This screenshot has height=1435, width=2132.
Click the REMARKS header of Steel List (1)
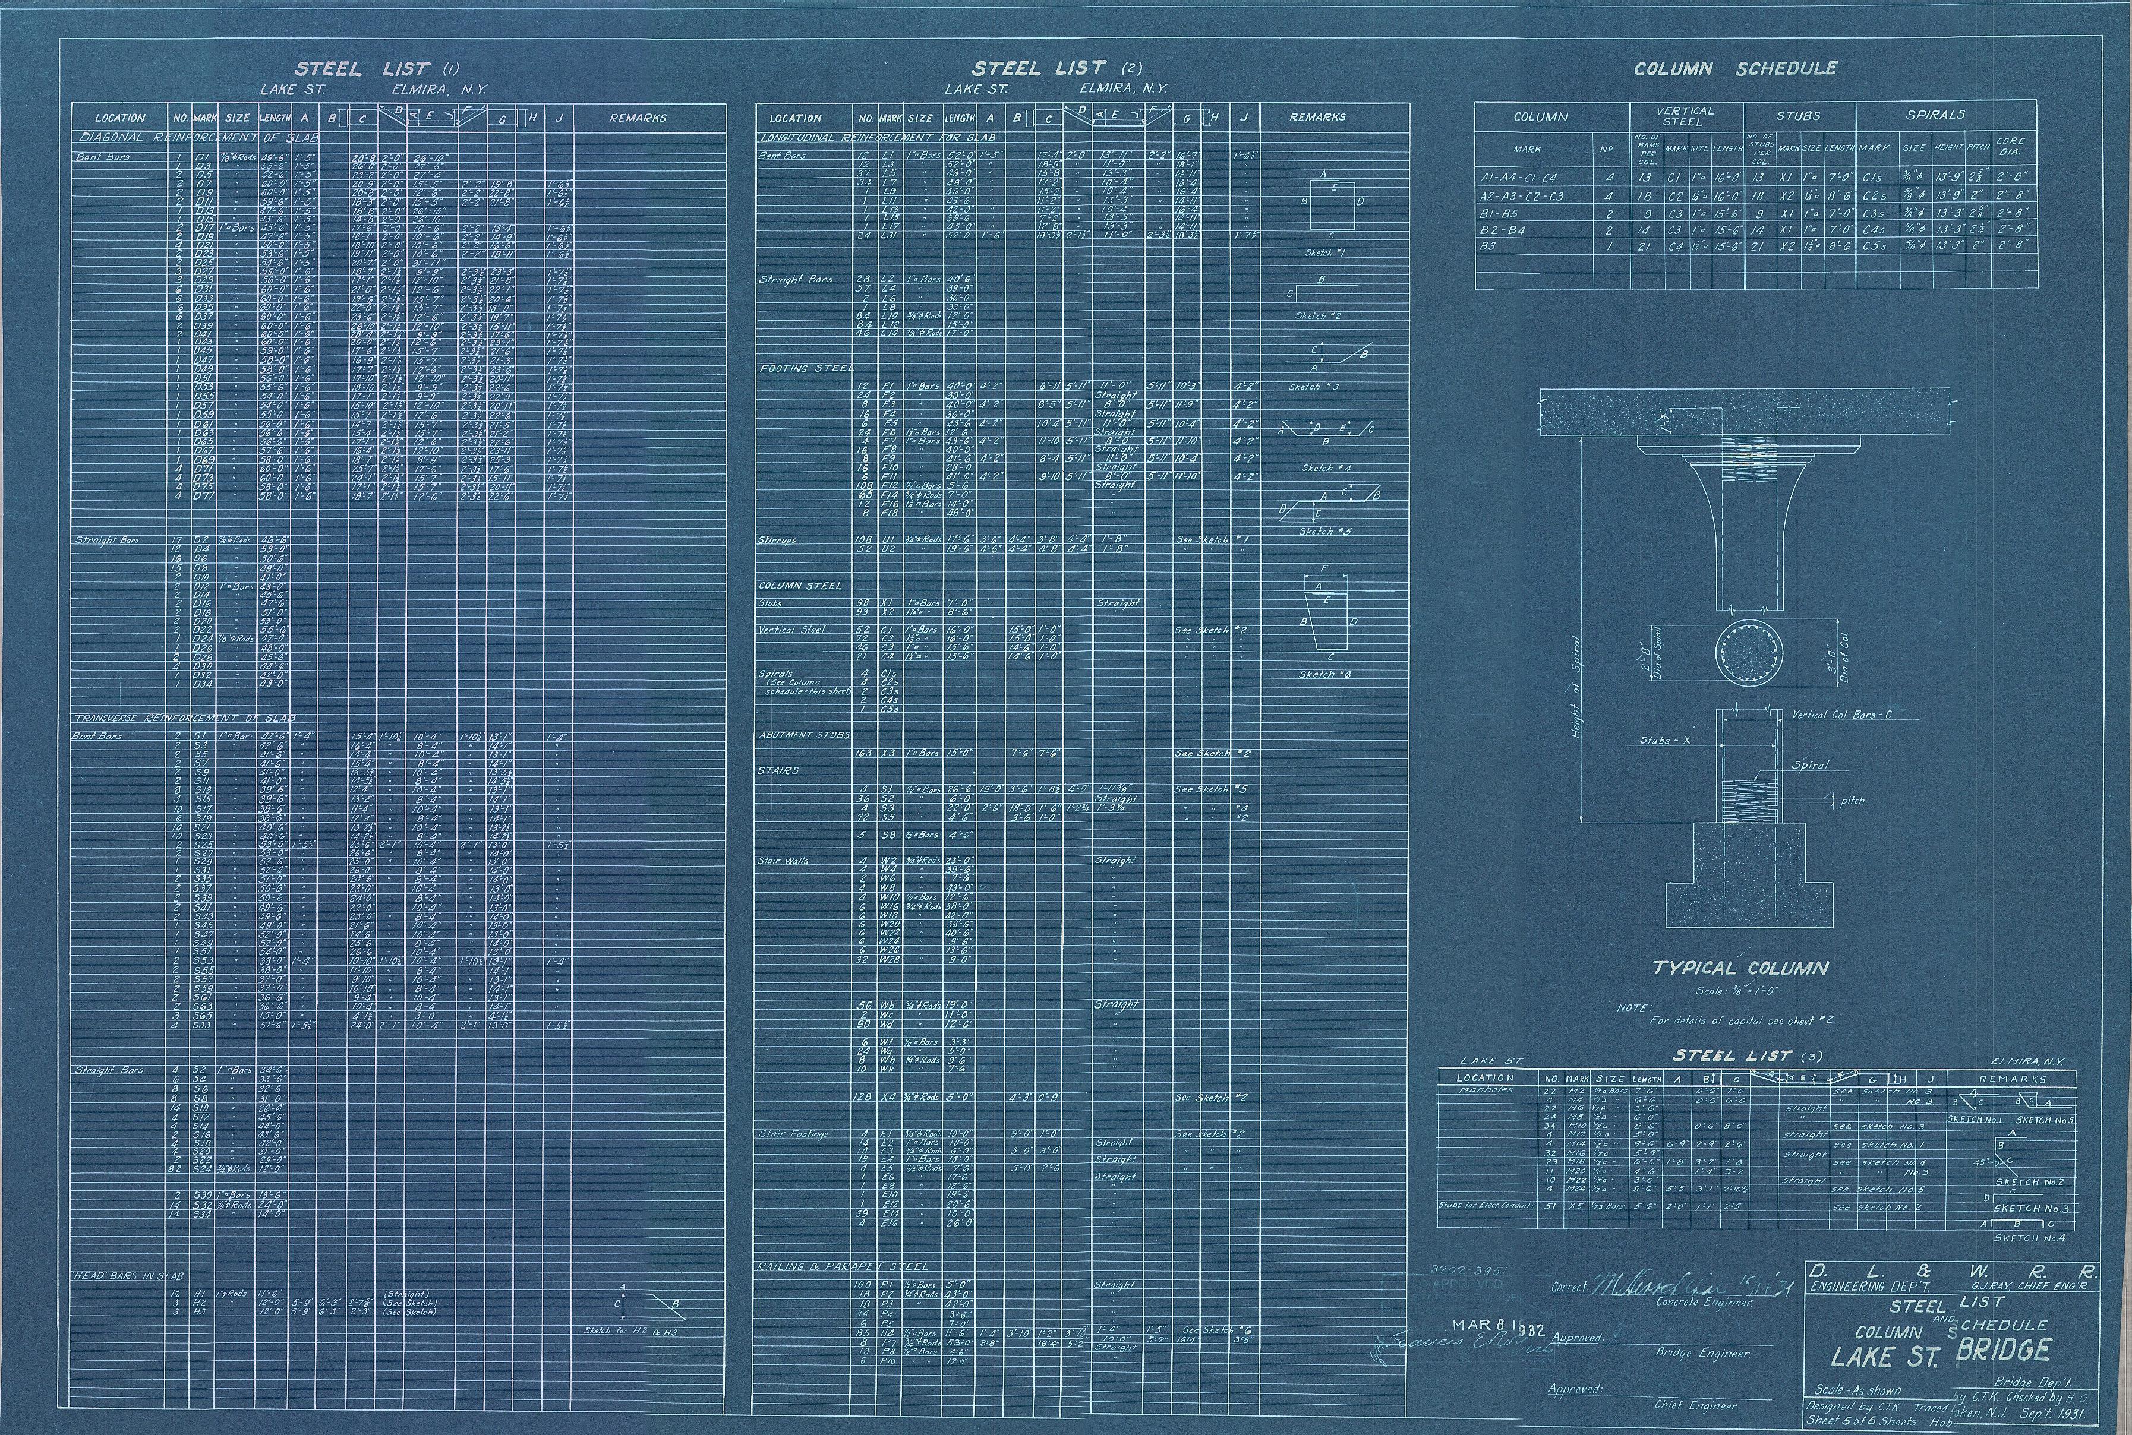(x=638, y=118)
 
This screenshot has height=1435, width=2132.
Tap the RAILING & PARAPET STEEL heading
(x=842, y=1266)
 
